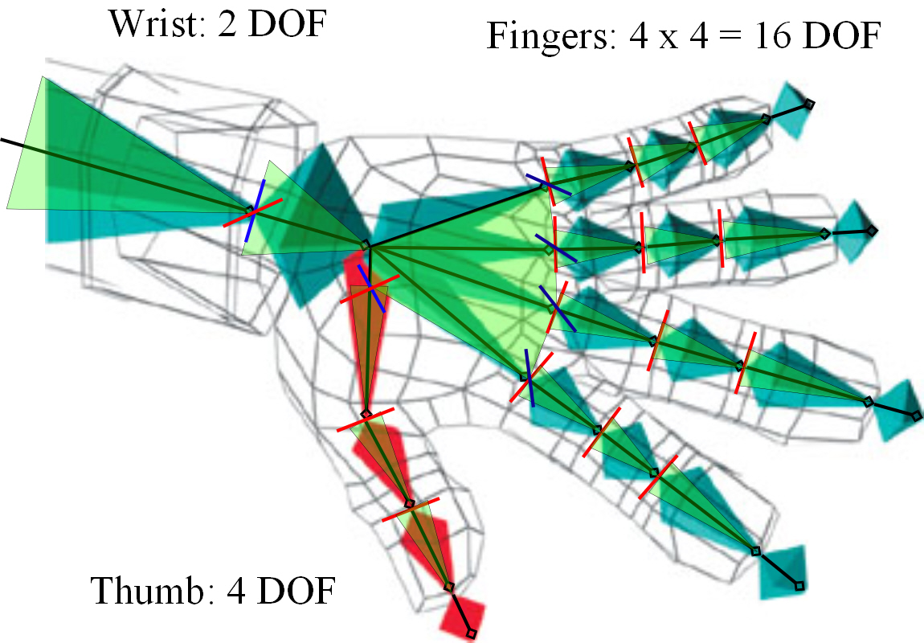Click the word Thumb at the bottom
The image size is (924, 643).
coord(145,592)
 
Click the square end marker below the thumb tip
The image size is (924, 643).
coord(472,634)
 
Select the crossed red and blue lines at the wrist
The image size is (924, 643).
coord(252,211)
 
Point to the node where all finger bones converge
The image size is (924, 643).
coord(365,245)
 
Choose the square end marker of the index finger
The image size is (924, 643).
coord(799,586)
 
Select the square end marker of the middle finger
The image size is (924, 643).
coord(917,416)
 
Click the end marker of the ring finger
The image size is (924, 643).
coord(872,231)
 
